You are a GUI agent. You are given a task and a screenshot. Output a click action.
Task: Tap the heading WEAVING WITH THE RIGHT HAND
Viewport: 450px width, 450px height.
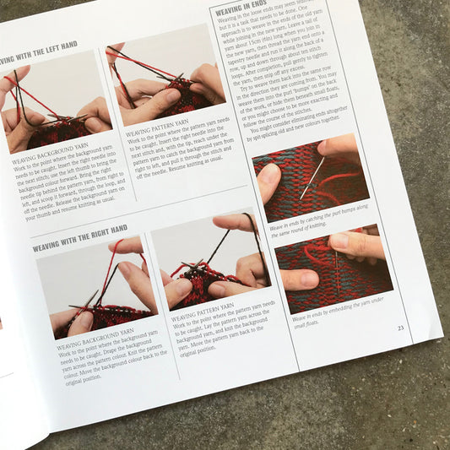point(79,238)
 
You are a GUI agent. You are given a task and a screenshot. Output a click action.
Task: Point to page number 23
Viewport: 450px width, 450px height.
point(400,328)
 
